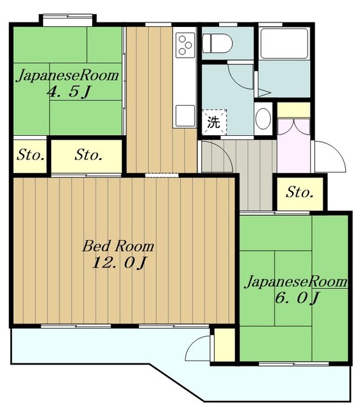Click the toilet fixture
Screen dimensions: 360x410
coord(218,44)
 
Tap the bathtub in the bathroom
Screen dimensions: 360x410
coord(284,44)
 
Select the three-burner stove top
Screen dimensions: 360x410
coord(185,45)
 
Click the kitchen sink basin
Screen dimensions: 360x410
coord(185,115)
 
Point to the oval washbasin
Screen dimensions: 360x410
coord(263,118)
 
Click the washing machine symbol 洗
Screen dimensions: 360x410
coord(214,122)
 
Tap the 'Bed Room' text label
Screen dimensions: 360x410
coord(118,246)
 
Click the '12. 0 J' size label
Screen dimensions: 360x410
coord(118,263)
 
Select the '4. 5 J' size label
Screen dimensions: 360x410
coord(69,92)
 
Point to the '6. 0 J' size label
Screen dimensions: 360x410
coord(297,297)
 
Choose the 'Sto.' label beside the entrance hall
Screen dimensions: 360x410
coord(300,193)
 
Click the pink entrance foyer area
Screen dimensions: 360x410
coord(293,145)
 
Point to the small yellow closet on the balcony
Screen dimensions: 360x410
coord(224,345)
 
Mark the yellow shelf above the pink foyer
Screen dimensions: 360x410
coord(293,110)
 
